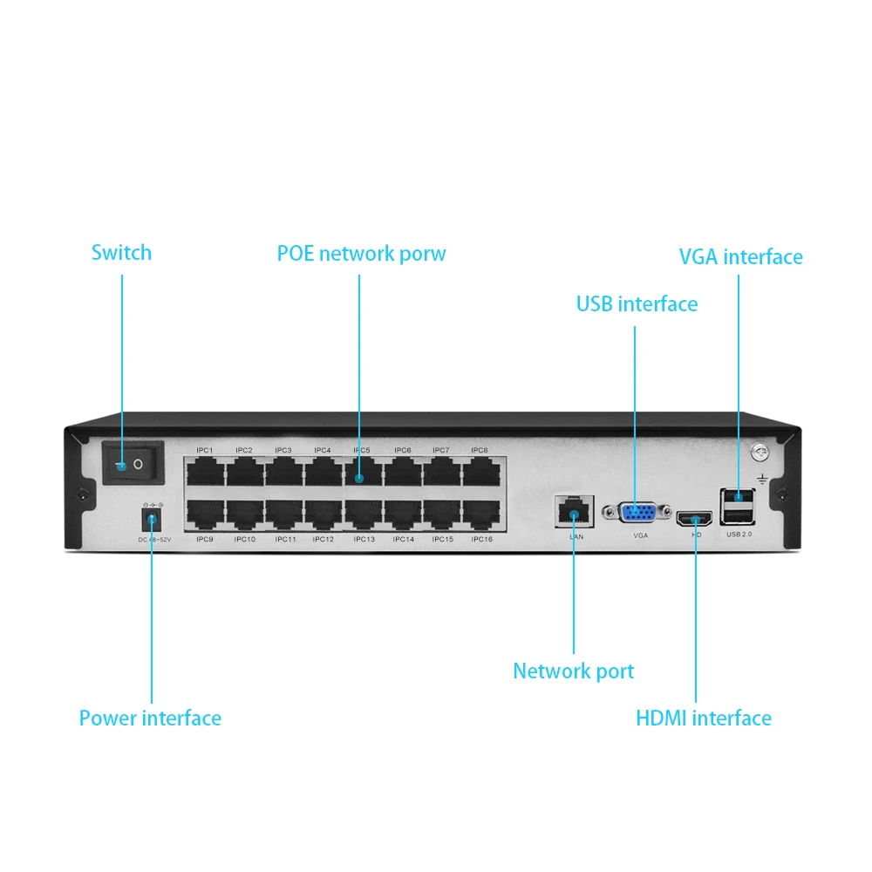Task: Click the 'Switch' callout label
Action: tap(121, 253)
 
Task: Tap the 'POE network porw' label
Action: tap(361, 254)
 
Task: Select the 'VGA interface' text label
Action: tap(740, 257)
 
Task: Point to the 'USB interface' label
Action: tap(637, 304)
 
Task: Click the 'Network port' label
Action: tap(573, 671)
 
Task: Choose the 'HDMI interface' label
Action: tap(703, 719)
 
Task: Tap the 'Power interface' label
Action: tap(150, 719)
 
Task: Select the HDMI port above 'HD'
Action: tap(695, 519)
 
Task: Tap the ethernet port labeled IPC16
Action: tap(481, 514)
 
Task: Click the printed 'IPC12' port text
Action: tap(324, 540)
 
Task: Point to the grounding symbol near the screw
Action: tap(761, 479)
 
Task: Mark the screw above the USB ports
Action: tap(761, 453)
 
